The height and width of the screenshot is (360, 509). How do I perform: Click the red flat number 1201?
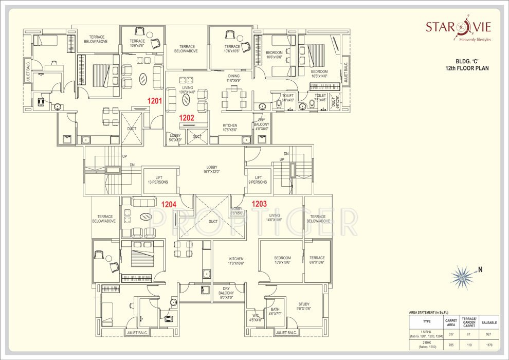tap(155, 101)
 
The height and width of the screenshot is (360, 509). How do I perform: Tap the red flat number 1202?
tap(186, 117)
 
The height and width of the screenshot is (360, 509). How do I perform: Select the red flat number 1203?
tap(259, 204)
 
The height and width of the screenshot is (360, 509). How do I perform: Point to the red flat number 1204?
tap(169, 204)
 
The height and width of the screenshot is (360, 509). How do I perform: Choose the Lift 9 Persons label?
tap(258, 179)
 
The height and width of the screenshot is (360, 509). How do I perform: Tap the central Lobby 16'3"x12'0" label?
tap(211, 170)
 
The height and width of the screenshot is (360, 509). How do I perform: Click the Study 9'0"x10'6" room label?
tap(304, 307)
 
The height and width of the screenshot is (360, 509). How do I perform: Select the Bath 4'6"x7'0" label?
tap(275, 312)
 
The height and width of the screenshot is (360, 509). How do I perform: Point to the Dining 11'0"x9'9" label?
tap(233, 78)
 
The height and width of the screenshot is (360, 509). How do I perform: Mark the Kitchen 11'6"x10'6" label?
tap(237, 261)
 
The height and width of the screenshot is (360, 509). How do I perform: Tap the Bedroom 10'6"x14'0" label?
tap(319, 74)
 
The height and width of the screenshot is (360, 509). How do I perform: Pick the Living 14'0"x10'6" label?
tap(275, 218)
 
